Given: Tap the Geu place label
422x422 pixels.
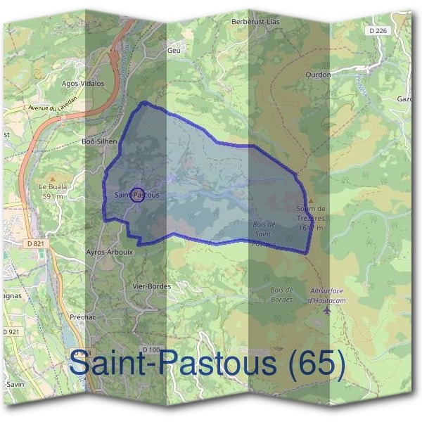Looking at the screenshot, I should (x=174, y=51).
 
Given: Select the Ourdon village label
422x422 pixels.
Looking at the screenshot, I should (x=318, y=73).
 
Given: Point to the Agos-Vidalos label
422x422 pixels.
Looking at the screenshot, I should (x=83, y=83).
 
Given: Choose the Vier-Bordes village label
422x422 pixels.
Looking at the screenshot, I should (x=152, y=287).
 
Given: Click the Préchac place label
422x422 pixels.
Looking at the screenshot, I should (x=82, y=317).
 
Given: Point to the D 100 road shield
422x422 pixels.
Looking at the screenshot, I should (x=151, y=350).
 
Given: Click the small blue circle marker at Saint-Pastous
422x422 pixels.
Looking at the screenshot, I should (x=138, y=195).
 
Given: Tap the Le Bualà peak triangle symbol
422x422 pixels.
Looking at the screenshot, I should (x=51, y=179).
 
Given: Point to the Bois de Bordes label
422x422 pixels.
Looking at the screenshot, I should (x=281, y=295).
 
